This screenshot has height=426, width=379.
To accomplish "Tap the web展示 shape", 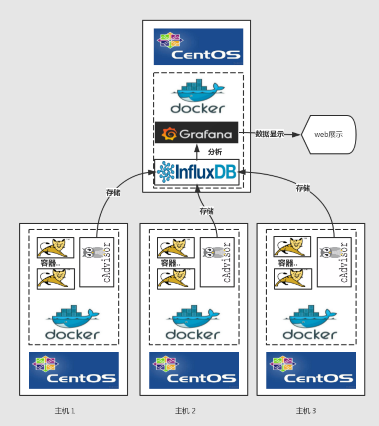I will point(328,134).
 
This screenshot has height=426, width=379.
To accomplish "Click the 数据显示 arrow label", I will point(270,134).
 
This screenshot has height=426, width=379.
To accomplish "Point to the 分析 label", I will point(215,152).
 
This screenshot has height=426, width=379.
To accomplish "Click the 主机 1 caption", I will point(65,411).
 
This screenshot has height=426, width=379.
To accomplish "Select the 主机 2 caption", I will point(185,411).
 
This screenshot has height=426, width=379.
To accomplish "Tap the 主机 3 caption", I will point(306,411).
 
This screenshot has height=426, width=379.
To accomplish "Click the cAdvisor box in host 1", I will point(97,262).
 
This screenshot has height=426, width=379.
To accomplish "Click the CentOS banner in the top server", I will point(198,47).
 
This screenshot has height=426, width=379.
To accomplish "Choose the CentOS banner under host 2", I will point(194,370).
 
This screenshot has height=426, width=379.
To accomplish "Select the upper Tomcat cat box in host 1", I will point(56,247).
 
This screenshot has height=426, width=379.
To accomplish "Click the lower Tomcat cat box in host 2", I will point(176,279).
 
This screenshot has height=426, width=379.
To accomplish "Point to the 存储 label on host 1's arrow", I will point(113,192).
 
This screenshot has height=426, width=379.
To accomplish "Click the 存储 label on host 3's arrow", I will point(303,188).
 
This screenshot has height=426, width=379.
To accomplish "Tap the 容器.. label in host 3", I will point(287,263).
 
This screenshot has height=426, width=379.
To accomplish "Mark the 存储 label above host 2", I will point(207,211).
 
